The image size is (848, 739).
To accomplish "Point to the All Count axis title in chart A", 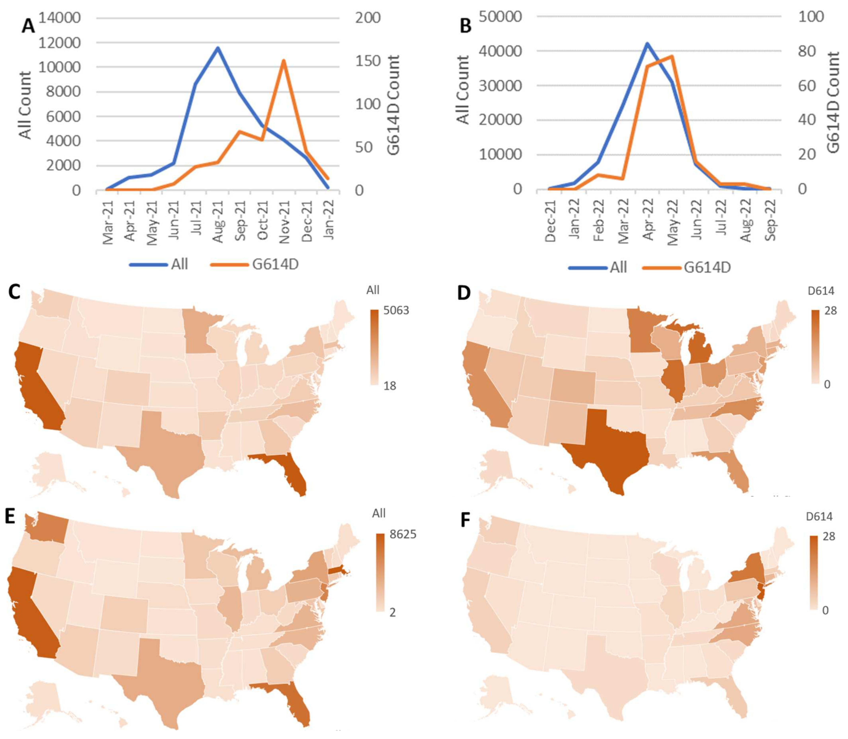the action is (x=26, y=105).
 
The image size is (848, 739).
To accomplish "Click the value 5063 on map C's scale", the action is (x=396, y=310).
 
